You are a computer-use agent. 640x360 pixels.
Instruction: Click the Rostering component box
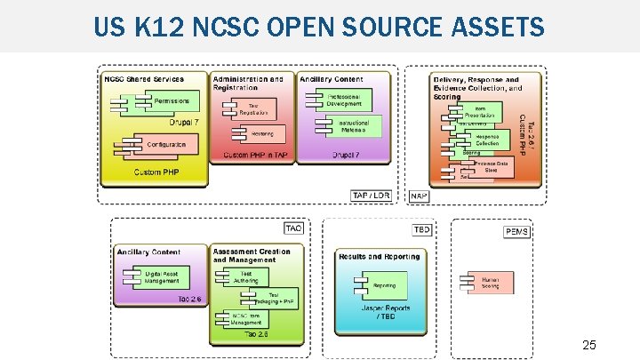(x=257, y=133)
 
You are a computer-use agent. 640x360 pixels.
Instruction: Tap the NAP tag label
(x=420, y=196)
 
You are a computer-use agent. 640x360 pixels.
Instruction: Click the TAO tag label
(x=293, y=228)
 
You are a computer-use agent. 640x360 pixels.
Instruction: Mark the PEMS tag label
(x=517, y=232)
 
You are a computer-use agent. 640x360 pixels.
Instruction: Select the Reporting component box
(x=381, y=285)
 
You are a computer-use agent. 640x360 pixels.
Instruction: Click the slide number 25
(x=588, y=344)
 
